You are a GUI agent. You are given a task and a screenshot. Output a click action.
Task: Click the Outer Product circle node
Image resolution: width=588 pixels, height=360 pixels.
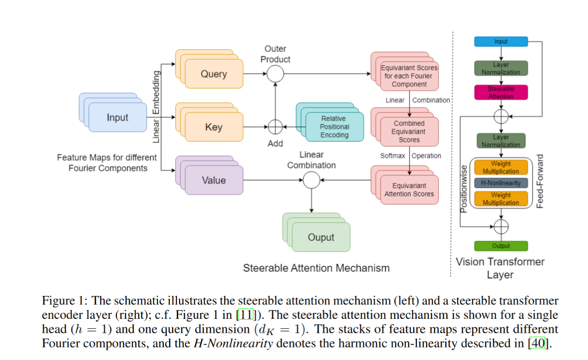(x=276, y=73)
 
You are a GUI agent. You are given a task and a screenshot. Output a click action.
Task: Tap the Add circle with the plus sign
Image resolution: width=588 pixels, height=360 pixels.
(x=275, y=127)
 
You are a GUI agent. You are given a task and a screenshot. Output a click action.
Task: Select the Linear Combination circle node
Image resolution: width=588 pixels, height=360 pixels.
(x=311, y=180)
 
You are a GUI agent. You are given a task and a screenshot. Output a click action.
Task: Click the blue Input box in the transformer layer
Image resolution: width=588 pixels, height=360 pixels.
(x=501, y=42)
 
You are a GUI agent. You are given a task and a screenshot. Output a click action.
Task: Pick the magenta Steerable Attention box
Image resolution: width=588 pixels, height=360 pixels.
(x=501, y=93)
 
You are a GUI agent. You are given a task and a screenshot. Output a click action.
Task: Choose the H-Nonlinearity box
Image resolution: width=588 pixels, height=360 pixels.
(x=501, y=183)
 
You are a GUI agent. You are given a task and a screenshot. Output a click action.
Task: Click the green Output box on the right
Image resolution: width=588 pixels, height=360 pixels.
(x=501, y=246)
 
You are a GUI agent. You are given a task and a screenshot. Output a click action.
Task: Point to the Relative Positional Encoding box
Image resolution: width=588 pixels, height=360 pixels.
(x=334, y=127)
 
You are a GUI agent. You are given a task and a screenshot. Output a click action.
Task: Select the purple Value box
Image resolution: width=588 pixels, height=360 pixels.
(x=214, y=180)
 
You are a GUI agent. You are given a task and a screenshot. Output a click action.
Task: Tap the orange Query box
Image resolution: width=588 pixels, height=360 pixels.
(x=214, y=74)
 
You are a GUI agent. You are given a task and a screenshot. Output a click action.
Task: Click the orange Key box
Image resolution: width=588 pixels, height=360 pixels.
(x=214, y=127)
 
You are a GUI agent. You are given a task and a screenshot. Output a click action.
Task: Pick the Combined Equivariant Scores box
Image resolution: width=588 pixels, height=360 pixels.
(x=409, y=131)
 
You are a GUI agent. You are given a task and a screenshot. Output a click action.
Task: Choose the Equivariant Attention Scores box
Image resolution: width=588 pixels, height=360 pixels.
(x=409, y=190)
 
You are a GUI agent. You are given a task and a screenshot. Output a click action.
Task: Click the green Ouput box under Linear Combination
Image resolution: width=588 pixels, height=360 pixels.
(x=321, y=237)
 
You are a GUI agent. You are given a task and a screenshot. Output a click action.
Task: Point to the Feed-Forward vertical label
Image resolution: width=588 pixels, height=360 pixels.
(x=540, y=181)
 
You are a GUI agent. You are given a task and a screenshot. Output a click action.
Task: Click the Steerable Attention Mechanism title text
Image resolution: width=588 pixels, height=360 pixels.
(x=316, y=268)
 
